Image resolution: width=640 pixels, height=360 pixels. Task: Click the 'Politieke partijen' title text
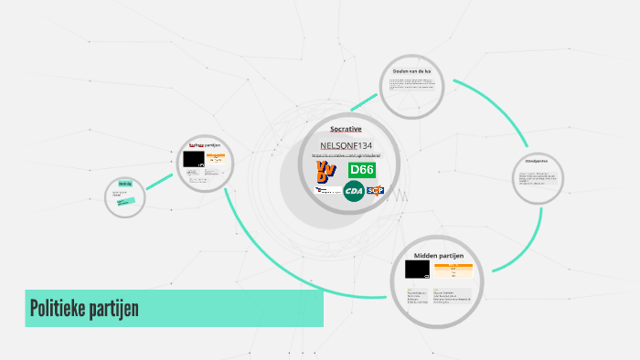tap(84, 308)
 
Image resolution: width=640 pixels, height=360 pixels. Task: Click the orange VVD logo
tap(325, 171)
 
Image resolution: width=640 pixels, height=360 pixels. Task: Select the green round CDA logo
tap(353, 191)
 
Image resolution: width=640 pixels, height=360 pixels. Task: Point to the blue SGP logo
tap(374, 191)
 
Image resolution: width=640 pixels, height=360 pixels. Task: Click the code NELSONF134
tap(347, 146)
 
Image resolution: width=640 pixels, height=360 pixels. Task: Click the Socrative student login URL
tap(347, 156)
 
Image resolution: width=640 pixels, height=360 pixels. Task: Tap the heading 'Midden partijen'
tap(439, 255)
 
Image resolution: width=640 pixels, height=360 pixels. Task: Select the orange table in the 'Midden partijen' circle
tap(453, 270)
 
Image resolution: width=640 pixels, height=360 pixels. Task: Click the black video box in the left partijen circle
tap(194, 159)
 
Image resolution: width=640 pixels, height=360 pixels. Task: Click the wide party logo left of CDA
tap(325, 191)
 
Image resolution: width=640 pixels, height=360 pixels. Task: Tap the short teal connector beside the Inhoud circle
tap(159, 183)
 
